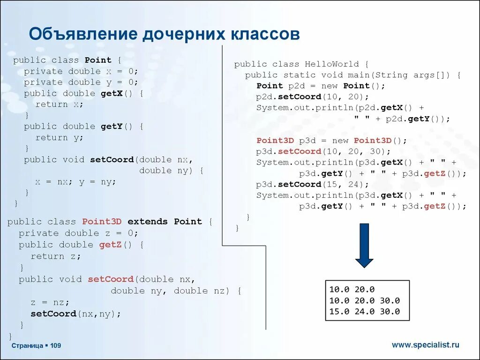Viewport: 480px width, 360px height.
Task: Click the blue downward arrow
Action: click(364, 245)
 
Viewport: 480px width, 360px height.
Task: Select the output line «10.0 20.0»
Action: click(352, 290)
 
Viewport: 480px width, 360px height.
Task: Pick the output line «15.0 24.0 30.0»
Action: click(364, 312)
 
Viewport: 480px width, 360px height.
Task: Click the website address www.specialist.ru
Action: click(426, 345)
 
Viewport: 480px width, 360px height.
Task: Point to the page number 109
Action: click(56, 345)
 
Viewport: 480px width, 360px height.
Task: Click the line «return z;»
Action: click(56, 256)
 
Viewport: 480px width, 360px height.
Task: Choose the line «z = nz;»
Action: click(50, 302)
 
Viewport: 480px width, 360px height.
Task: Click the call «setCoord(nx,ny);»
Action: click(75, 314)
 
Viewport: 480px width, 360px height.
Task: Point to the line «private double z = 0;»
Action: click(78, 233)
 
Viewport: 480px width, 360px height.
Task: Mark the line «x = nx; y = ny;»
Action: click(75, 181)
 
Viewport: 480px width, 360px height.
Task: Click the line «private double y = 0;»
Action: click(81, 82)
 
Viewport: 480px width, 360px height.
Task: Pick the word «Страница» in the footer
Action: click(27, 345)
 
